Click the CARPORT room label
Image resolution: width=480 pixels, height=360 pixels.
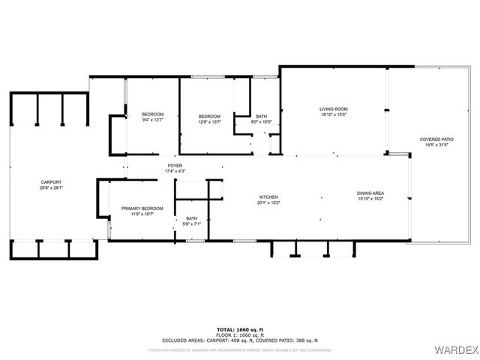click(x=51, y=182)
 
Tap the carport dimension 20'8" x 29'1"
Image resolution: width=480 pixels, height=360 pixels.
click(x=51, y=187)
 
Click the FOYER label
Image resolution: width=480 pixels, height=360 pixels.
click(x=175, y=166)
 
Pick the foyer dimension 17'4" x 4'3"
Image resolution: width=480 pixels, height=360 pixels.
click(x=175, y=172)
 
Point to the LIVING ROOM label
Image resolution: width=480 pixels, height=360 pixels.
click(x=334, y=109)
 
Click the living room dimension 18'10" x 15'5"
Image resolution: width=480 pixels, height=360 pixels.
click(x=334, y=115)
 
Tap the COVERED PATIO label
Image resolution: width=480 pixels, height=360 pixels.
click(x=436, y=139)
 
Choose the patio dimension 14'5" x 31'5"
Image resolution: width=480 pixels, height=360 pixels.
click(x=436, y=145)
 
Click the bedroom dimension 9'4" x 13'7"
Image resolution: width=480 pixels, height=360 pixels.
click(x=152, y=120)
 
